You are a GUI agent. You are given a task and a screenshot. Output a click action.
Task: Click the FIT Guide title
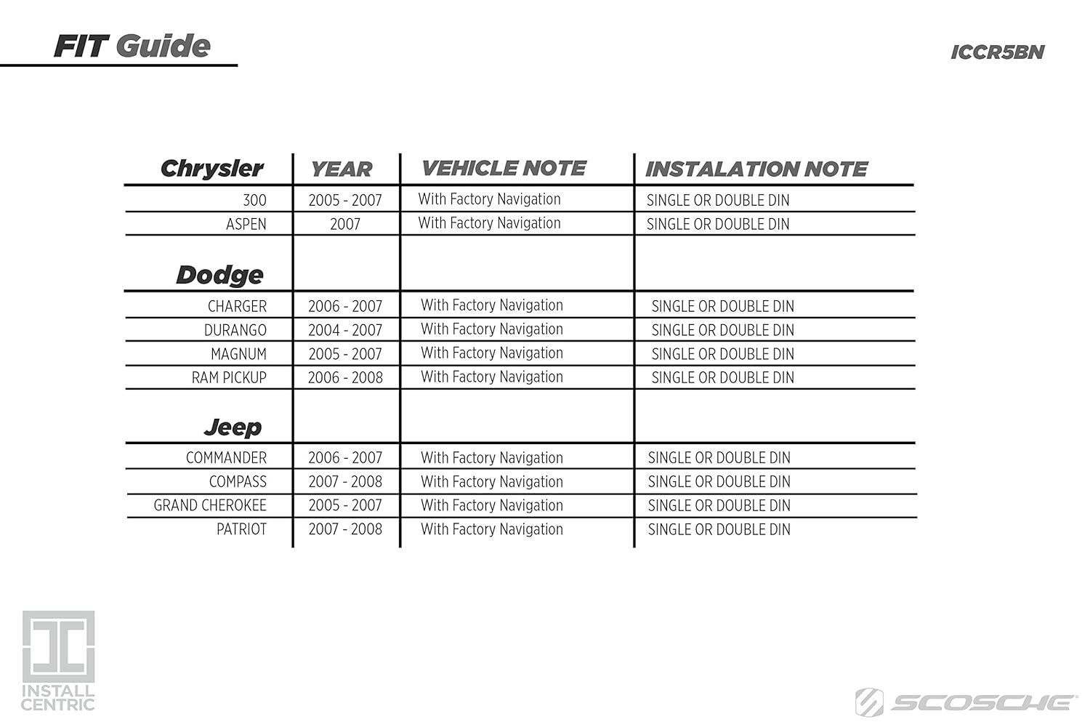coord(132,47)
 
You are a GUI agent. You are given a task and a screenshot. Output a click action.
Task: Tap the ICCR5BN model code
coord(997,52)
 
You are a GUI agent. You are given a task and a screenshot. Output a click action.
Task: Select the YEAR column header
coord(341,169)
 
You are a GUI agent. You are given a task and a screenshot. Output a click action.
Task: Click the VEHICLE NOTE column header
coord(504,169)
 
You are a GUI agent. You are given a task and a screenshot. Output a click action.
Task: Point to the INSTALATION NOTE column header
coord(756,169)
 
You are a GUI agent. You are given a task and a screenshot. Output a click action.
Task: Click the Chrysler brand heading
coord(211,169)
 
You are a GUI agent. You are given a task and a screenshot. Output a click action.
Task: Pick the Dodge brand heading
coord(219,275)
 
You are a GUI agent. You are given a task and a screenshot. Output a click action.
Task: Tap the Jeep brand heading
coord(233,427)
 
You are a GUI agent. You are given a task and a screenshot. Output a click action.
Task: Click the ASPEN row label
coord(246,224)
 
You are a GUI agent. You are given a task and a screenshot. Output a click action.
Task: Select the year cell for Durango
coord(345,330)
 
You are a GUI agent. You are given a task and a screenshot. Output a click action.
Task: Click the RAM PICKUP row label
coord(229,378)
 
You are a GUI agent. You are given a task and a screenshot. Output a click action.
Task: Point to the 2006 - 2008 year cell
coord(345,378)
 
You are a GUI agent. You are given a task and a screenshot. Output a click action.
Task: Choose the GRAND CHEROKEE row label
coord(210,505)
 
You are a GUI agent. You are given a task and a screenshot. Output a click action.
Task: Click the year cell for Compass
coord(345,481)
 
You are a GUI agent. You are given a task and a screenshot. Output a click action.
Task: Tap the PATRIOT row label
coord(241,529)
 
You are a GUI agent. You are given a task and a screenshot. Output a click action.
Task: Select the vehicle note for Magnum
coord(492,353)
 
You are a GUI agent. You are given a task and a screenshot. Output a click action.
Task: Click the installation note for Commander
coord(719,458)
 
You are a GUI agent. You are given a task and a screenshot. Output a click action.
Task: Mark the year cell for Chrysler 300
coord(345,200)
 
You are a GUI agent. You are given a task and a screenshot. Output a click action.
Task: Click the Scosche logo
coord(966,702)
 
